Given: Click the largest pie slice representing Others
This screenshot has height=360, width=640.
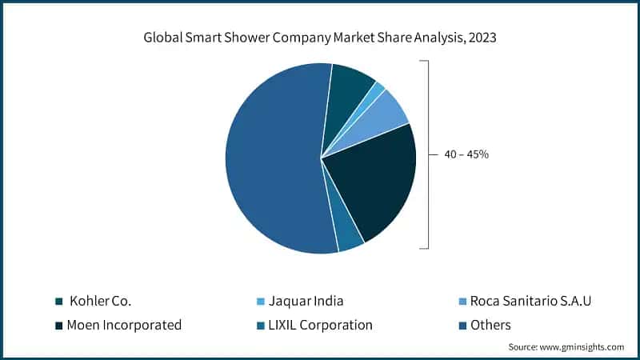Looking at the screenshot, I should pyautogui.click(x=268, y=160).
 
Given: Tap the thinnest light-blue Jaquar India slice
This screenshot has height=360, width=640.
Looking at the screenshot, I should pyautogui.click(x=378, y=87).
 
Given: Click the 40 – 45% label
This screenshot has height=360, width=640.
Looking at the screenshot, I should pyautogui.click(x=466, y=154).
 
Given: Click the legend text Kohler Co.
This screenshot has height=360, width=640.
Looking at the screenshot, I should pyautogui.click(x=101, y=302).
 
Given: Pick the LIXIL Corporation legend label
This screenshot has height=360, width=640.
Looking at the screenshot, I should pyautogui.click(x=322, y=325).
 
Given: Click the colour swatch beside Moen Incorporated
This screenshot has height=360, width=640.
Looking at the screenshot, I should pyautogui.click(x=59, y=325).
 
